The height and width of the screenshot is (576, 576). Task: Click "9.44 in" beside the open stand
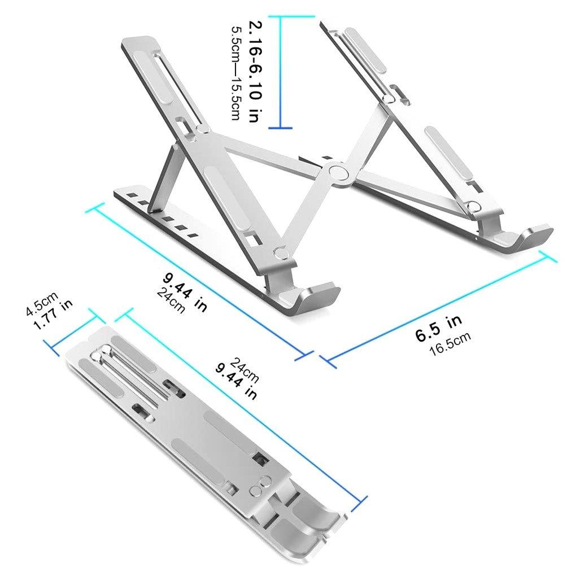(185, 290)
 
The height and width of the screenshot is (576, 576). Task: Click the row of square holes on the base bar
(161, 213)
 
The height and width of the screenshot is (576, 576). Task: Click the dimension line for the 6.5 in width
(438, 308)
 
